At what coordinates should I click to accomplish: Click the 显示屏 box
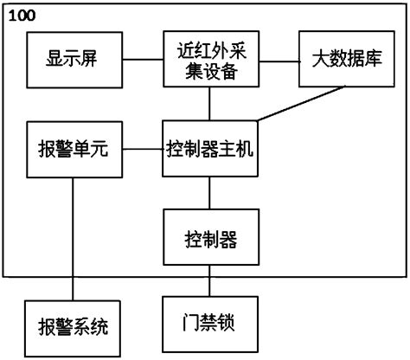click(x=74, y=60)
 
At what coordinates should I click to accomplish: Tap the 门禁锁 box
click(x=208, y=326)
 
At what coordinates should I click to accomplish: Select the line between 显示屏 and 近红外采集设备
click(x=143, y=61)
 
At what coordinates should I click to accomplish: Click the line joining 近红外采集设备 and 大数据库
click(x=279, y=61)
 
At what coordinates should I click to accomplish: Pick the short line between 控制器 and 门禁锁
click(x=208, y=283)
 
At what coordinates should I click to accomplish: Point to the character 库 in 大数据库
click(x=370, y=60)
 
